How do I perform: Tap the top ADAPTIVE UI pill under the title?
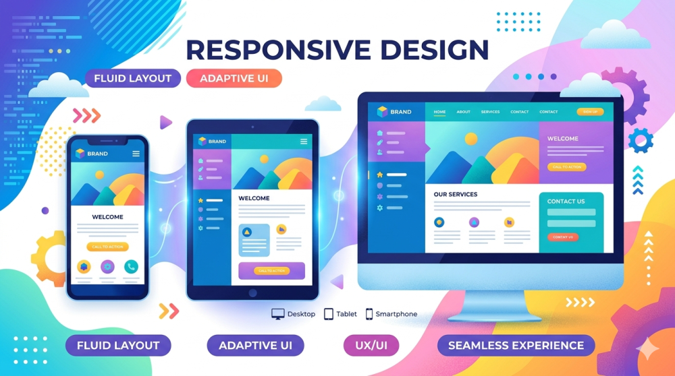tap(234, 78)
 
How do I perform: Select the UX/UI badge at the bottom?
tap(371, 346)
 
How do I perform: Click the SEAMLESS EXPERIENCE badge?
tap(516, 346)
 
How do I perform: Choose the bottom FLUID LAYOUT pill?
tap(118, 346)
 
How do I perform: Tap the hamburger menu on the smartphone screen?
tap(136, 154)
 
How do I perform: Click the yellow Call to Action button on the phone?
tap(107, 247)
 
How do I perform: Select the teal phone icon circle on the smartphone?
tap(131, 266)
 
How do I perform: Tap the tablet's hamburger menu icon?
tap(304, 142)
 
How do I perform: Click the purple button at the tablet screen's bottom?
tap(271, 270)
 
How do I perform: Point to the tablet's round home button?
tap(252, 293)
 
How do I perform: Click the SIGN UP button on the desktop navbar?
tap(589, 112)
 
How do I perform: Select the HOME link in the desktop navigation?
tap(439, 112)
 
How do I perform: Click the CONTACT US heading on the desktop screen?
tap(566, 201)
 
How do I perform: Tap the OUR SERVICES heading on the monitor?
tap(455, 194)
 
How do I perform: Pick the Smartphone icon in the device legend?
tap(369, 314)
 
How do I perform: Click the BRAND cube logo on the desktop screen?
tap(383, 112)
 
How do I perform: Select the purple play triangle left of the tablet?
tap(165, 122)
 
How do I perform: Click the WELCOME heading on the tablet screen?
tap(254, 198)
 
